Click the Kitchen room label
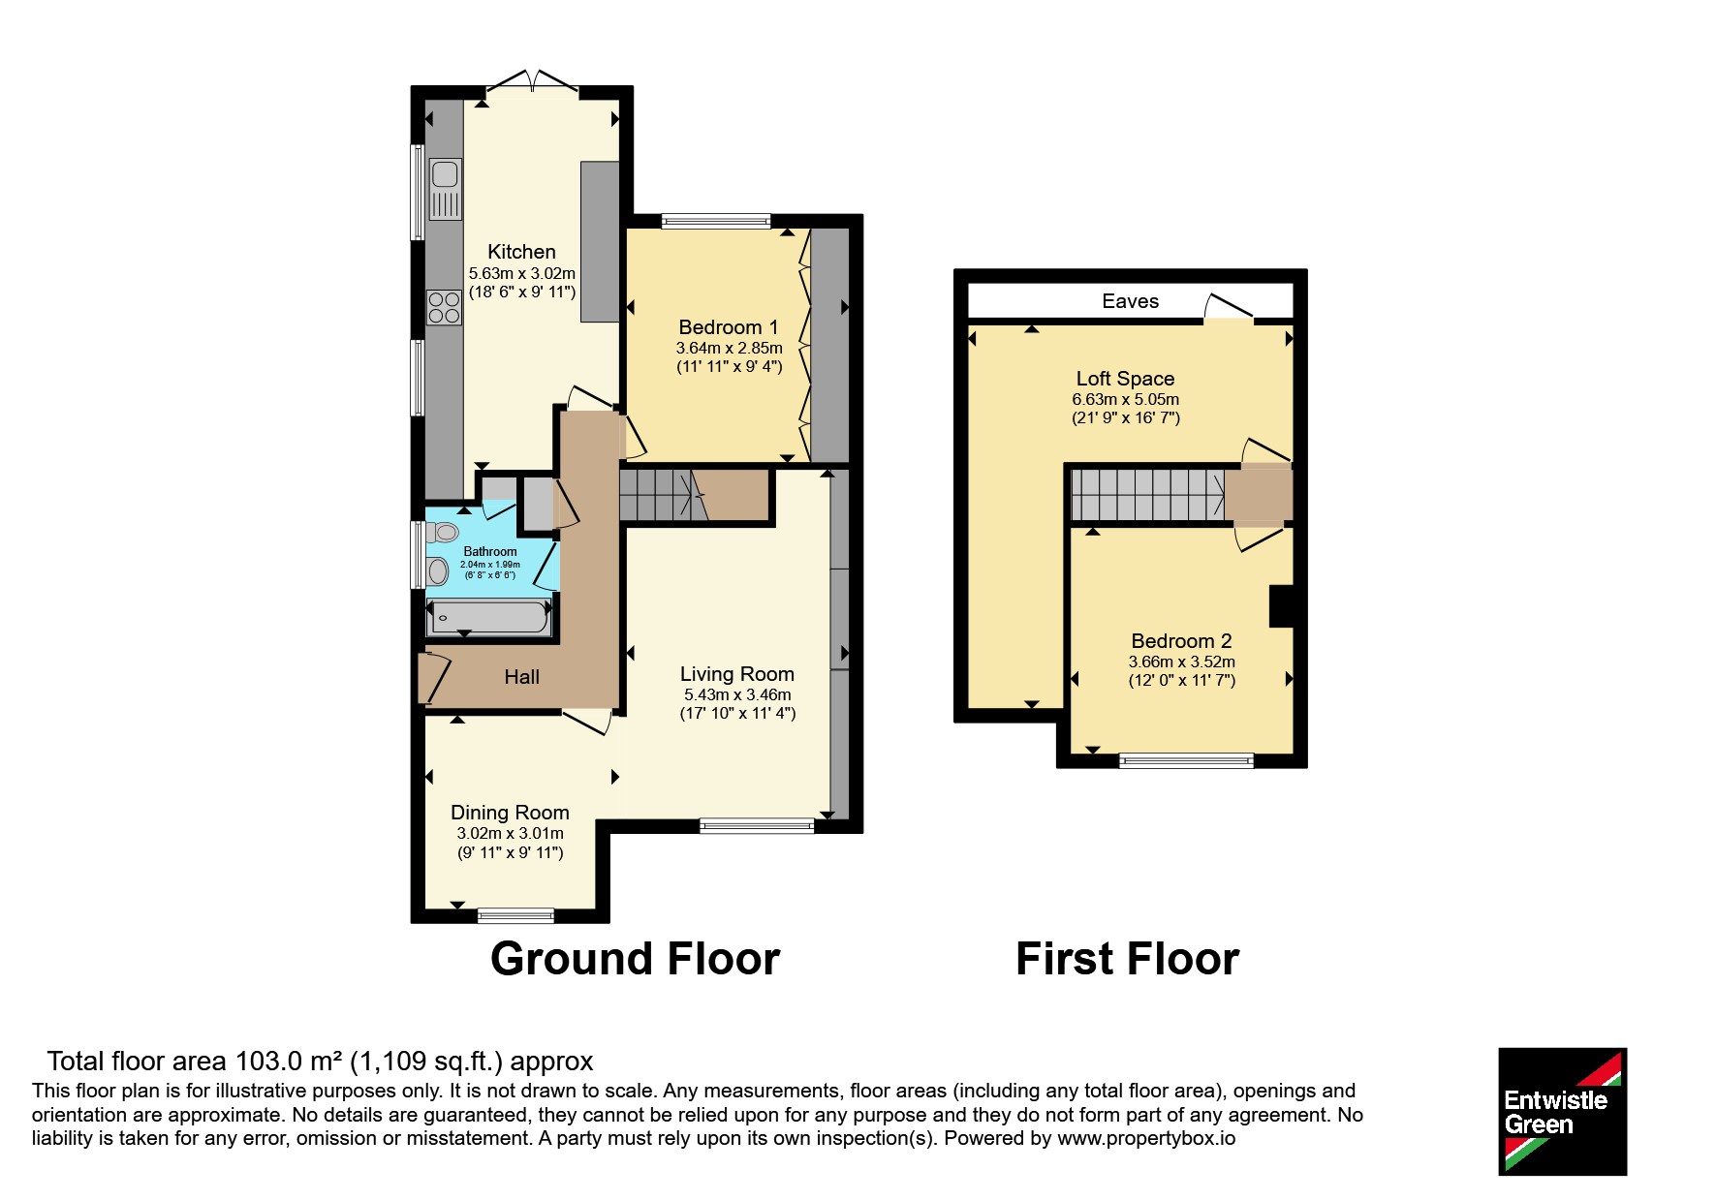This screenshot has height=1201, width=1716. (x=521, y=252)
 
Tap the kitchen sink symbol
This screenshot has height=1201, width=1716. (x=445, y=189)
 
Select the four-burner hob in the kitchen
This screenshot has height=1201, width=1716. (x=445, y=308)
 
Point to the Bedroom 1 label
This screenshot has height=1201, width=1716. (x=729, y=327)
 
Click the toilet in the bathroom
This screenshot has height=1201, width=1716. (x=443, y=531)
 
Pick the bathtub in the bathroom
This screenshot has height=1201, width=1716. (x=489, y=617)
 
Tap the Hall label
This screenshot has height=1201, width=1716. (x=521, y=677)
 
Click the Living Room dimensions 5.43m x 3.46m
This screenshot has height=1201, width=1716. (x=737, y=694)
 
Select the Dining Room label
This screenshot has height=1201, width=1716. (x=510, y=813)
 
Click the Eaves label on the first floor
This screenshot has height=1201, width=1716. (x=1130, y=301)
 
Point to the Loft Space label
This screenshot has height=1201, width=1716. (x=1125, y=379)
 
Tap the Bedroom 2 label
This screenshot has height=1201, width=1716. (x=1181, y=641)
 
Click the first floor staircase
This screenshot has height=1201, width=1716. (x=1148, y=495)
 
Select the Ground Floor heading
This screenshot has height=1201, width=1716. (x=635, y=959)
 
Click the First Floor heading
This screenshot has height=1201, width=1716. (x=1127, y=959)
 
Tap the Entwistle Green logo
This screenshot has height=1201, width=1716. (x=1562, y=1112)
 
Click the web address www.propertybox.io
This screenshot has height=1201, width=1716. (x=1146, y=1138)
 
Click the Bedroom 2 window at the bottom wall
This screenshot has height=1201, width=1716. (x=1186, y=761)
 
